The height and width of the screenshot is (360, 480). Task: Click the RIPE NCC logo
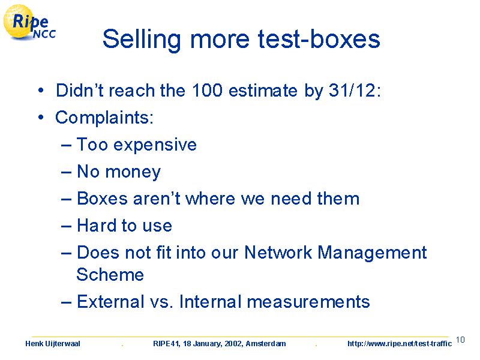[29, 23]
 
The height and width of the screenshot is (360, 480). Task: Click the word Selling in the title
[142, 39]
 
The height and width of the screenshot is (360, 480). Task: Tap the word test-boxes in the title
[319, 39]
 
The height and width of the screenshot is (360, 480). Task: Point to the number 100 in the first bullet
[207, 91]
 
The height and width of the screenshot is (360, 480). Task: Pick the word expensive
[155, 145]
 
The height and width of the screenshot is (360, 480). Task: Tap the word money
[133, 172]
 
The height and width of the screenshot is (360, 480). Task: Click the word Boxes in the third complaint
[102, 199]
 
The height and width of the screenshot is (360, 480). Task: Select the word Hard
[97, 226]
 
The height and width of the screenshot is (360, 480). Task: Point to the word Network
[278, 253]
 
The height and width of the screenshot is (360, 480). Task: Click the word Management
[372, 253]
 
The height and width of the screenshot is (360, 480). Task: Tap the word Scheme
[110, 274]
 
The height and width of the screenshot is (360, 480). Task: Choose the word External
[110, 302]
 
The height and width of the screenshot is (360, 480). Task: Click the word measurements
[308, 302]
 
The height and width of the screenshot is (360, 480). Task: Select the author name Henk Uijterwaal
[53, 344]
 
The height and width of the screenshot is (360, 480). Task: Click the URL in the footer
[400, 344]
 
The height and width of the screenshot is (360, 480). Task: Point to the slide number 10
[460, 340]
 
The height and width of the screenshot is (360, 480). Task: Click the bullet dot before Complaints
[41, 118]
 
